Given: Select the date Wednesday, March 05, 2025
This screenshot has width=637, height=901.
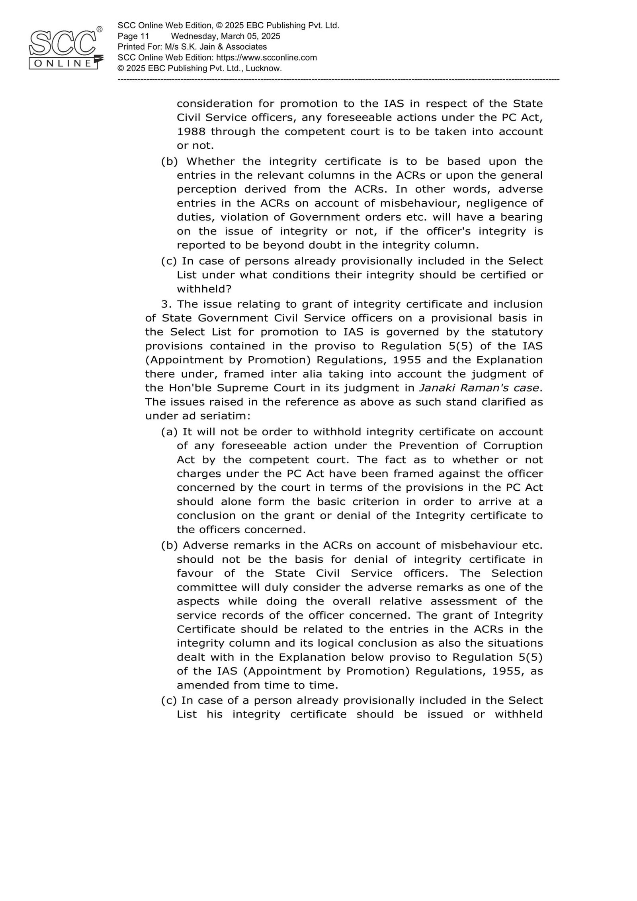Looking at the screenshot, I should (x=225, y=36).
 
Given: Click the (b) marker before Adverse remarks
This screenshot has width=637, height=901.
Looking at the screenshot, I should (x=169, y=545).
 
